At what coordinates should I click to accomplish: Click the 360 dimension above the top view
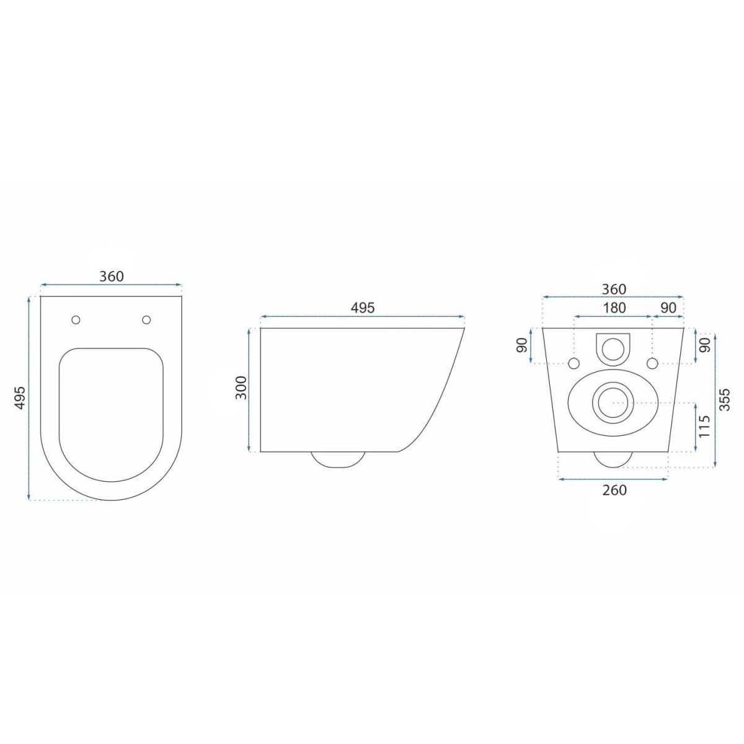112,276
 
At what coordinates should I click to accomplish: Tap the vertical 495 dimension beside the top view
20,397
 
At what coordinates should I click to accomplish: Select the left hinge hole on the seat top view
76,320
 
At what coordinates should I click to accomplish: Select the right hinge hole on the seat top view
146,320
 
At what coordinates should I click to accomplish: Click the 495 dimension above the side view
363,308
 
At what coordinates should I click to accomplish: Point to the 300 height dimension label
241,387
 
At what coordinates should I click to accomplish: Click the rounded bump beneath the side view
339,460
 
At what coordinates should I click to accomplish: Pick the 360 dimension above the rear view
614,289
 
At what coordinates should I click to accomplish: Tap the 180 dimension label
614,308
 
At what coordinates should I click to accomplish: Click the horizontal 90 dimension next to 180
668,308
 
